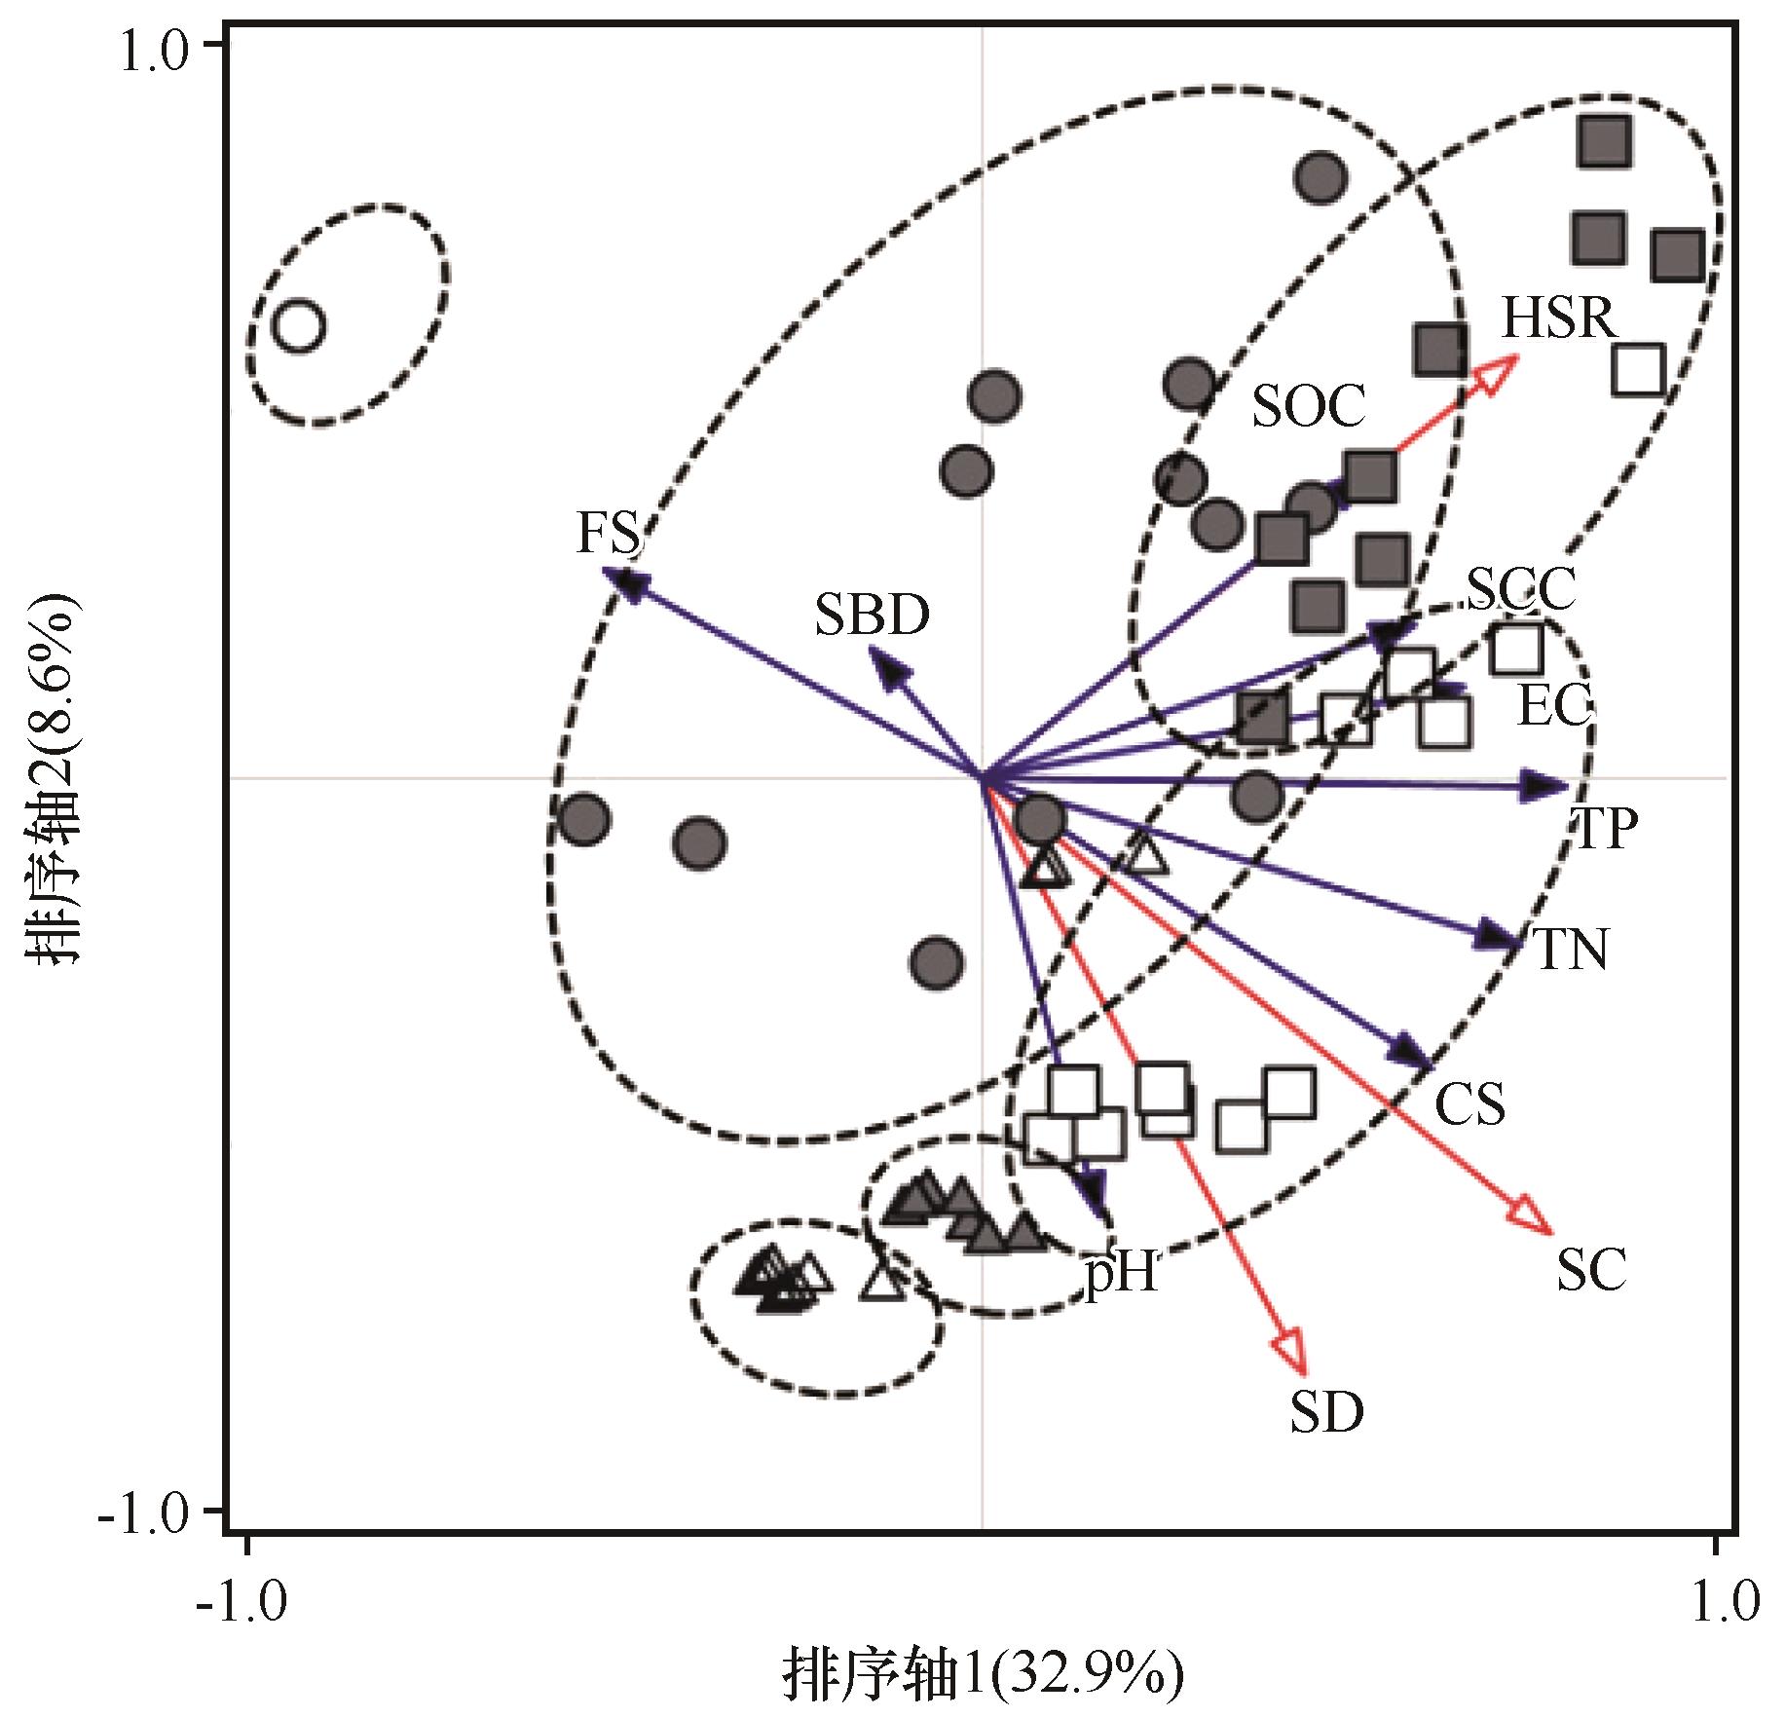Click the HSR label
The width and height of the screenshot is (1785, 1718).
pyautogui.click(x=1558, y=318)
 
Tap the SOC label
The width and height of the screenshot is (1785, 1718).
pyautogui.click(x=1308, y=406)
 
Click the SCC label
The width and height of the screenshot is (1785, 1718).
pyautogui.click(x=1520, y=588)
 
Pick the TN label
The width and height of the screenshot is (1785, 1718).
pyautogui.click(x=1571, y=949)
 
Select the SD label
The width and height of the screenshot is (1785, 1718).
pyautogui.click(x=1326, y=1412)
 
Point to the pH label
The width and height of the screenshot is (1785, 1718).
pyautogui.click(x=1122, y=1271)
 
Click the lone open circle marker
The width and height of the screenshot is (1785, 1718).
pyautogui.click(x=299, y=325)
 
